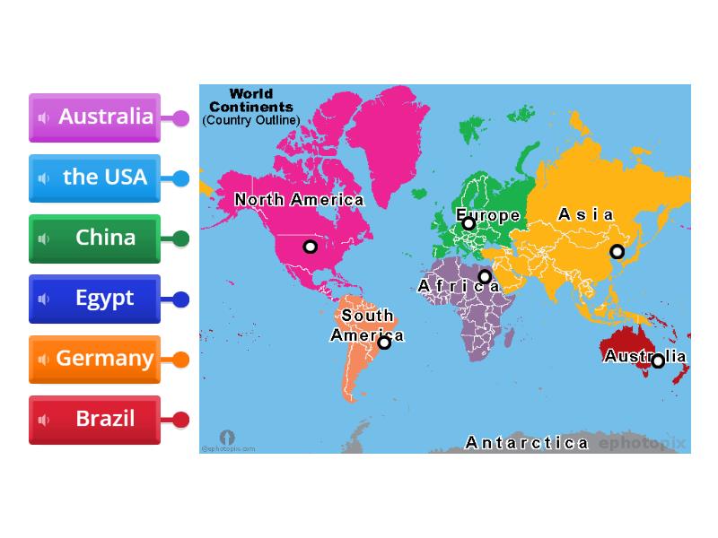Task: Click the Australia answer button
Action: tap(95, 117)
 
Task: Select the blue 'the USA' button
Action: tap(95, 178)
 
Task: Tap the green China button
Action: tap(95, 238)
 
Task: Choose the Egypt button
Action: tap(95, 299)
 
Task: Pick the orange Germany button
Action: tap(95, 359)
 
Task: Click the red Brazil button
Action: tap(95, 419)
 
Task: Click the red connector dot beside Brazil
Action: tap(180, 420)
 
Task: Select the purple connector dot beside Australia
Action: tap(180, 118)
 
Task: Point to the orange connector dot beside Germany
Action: tap(180, 360)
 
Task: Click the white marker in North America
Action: tap(311, 247)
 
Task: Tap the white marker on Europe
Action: tap(468, 223)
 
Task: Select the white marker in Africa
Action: tap(485, 277)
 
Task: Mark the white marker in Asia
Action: tap(617, 252)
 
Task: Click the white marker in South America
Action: tap(384, 342)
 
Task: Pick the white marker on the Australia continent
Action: tap(658, 361)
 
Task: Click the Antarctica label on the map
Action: tap(527, 443)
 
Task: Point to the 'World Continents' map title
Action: tap(250, 100)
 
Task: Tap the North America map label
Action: tap(299, 200)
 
